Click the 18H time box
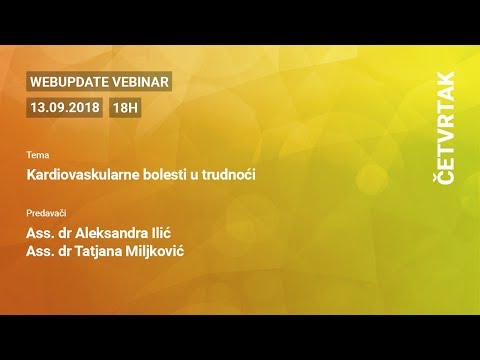(x=126, y=106)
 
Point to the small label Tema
(x=37, y=156)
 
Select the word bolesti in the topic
(x=150, y=175)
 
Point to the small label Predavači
(x=47, y=213)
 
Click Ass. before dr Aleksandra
(x=40, y=233)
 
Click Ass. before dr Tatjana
(x=40, y=250)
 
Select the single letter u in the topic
(x=186, y=175)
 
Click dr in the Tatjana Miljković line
(x=68, y=250)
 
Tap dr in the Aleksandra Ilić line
(x=68, y=233)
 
